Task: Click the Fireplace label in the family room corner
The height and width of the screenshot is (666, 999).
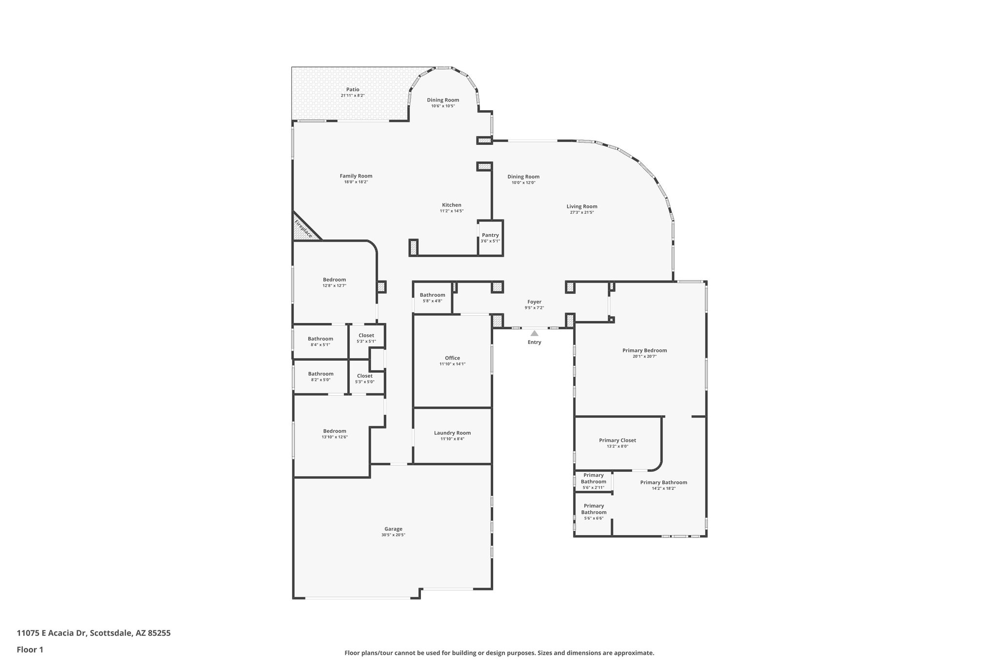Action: coord(303,228)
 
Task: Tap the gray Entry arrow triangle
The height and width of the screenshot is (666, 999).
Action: coord(535,333)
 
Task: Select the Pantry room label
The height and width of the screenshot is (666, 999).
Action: coord(490,235)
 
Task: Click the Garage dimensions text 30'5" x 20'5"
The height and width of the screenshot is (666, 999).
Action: coord(393,535)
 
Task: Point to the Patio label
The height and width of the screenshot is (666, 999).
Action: coord(353,89)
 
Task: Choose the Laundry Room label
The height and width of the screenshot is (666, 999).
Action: coord(452,433)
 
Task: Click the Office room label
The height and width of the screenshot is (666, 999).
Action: coord(452,358)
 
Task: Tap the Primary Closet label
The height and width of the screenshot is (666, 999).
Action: coord(617,440)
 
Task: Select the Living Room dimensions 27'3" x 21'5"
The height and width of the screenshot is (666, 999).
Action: coord(581,212)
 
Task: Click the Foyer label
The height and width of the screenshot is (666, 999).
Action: coord(534,302)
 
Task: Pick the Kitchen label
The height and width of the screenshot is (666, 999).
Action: coord(451,205)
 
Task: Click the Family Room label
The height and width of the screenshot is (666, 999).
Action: coord(356,176)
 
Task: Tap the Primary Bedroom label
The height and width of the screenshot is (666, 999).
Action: coord(644,350)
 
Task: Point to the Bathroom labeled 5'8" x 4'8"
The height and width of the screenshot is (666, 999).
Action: coord(432,295)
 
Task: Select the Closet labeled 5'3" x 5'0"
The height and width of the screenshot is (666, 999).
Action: coord(364,376)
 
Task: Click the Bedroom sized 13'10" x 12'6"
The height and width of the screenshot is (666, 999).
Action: coord(334,431)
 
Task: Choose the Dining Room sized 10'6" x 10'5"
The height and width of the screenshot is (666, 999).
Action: coord(443,100)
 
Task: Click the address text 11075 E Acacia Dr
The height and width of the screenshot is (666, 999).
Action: coord(52,633)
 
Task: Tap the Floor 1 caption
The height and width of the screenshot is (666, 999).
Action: coord(30,649)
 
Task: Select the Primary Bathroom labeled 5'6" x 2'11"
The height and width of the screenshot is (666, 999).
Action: coord(593,478)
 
